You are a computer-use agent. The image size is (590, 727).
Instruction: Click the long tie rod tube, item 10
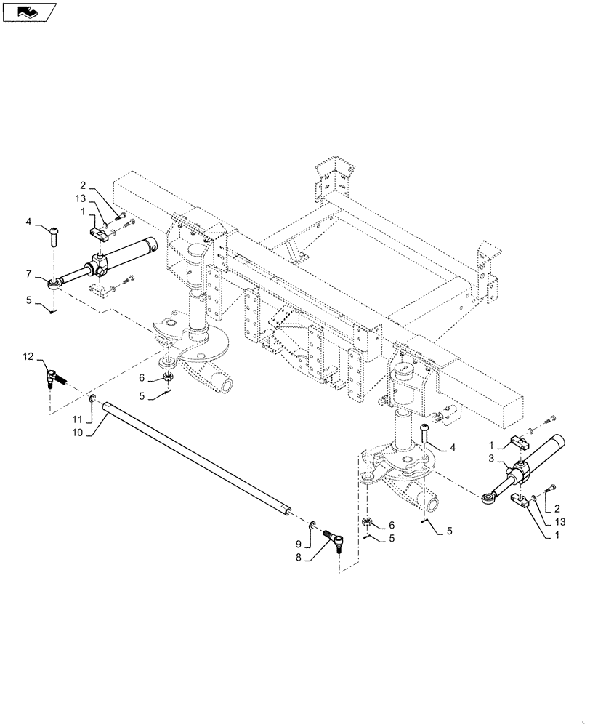point(196,458)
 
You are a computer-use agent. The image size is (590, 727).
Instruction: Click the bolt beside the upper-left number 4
point(55,234)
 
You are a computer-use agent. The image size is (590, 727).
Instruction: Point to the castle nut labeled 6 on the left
point(169,376)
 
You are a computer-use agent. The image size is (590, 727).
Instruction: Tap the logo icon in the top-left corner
point(29,12)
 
